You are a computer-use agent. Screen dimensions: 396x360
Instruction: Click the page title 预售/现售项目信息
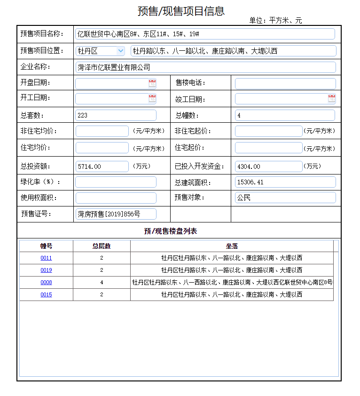tap(181, 11)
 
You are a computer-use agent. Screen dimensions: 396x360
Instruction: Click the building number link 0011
tap(46, 258)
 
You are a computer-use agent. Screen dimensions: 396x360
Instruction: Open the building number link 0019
tap(46, 270)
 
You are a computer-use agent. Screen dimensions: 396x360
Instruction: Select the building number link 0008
tap(46, 282)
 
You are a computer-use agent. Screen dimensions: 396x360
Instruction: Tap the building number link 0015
tap(46, 294)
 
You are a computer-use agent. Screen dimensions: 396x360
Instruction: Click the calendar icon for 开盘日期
tap(152, 83)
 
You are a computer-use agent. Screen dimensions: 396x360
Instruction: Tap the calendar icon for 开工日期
tap(152, 98)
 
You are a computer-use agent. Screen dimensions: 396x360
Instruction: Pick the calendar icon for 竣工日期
tap(332, 98)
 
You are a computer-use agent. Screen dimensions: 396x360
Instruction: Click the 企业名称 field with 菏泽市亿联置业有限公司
tap(205, 67)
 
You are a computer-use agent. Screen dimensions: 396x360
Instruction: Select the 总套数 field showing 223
tap(116, 115)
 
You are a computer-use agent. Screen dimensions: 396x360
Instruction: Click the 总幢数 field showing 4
tap(285, 115)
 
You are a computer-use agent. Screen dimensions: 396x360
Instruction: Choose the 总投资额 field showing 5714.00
tap(102, 166)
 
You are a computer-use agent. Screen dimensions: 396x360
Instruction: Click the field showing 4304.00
tap(268, 166)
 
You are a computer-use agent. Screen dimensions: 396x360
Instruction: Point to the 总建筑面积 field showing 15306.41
tap(285, 182)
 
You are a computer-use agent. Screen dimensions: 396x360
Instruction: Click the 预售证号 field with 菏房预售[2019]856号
tap(116, 214)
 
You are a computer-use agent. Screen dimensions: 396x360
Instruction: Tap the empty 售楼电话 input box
tap(285, 84)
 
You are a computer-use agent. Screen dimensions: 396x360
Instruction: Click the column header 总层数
tap(102, 246)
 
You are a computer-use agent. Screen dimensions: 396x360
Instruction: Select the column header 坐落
tap(232, 246)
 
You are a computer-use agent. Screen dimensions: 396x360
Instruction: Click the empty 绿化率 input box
tap(116, 182)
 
